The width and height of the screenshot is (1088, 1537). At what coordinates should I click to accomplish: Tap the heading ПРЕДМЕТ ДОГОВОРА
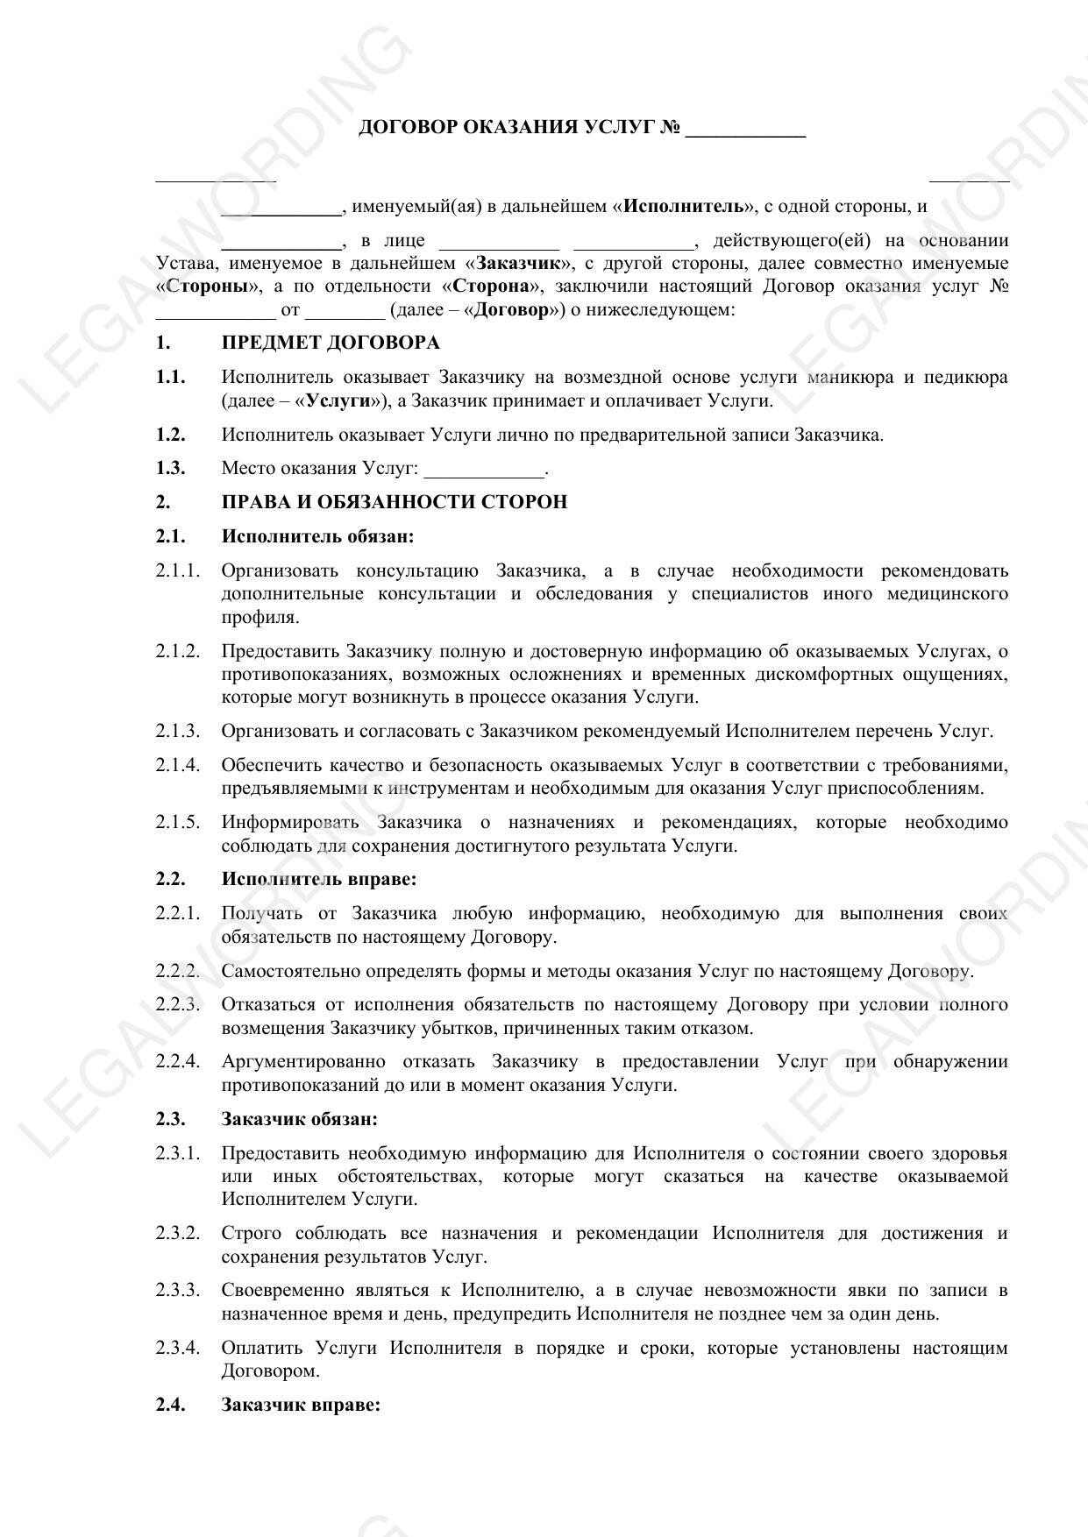[x=331, y=343]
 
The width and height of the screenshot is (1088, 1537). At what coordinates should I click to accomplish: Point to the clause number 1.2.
[x=171, y=435]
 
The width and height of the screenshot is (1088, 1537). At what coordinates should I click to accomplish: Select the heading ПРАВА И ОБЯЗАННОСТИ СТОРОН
[x=394, y=502]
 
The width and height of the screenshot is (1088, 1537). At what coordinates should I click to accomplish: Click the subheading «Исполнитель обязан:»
[x=317, y=536]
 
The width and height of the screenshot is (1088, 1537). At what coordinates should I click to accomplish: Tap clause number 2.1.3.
[x=178, y=731]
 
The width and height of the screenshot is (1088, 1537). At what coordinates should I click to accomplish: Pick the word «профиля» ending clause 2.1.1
[x=260, y=617]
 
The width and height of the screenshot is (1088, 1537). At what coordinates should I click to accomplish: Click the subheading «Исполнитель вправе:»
[x=318, y=879]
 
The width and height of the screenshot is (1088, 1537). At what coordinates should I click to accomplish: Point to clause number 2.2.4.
[x=178, y=1062]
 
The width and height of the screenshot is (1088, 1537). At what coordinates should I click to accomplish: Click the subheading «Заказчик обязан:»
[x=300, y=1119]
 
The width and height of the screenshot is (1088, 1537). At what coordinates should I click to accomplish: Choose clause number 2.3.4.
[x=178, y=1348]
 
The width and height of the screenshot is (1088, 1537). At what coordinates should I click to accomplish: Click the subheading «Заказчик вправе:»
[x=301, y=1405]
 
